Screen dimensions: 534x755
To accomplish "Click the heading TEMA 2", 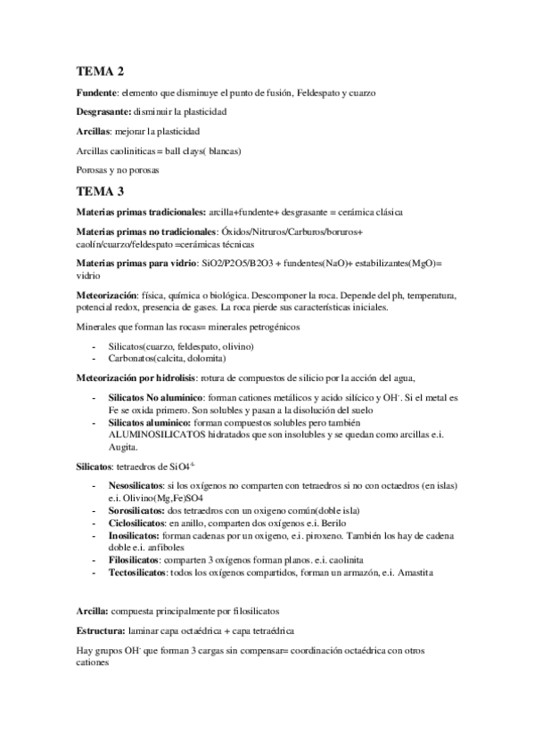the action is [100, 71].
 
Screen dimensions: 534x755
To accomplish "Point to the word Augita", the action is [124, 450].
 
